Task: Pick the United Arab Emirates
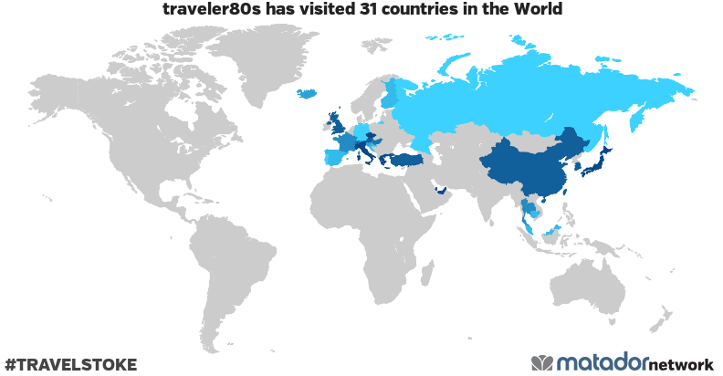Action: (442, 191)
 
